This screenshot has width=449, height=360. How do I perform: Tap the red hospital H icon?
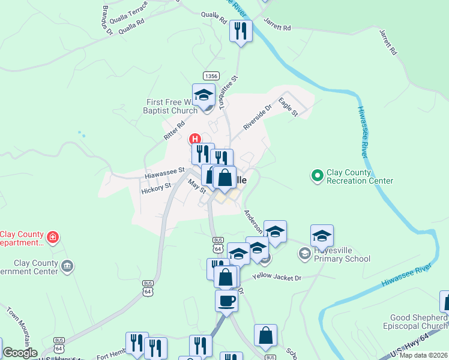click(x=195, y=139)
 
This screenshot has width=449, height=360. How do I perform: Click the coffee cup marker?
click(x=226, y=300)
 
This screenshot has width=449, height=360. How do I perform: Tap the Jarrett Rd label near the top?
click(x=277, y=27)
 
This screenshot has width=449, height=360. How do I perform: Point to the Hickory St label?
click(x=156, y=189)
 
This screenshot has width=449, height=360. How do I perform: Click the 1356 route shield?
click(x=211, y=76)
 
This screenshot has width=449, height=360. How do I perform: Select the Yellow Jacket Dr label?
click(x=276, y=277)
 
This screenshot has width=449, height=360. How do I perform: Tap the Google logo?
click(x=20, y=353)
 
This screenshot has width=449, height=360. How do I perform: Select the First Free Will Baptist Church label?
click(x=170, y=106)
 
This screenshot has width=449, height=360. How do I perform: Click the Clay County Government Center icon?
click(x=67, y=265)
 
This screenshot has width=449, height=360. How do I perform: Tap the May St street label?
click(x=197, y=186)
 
